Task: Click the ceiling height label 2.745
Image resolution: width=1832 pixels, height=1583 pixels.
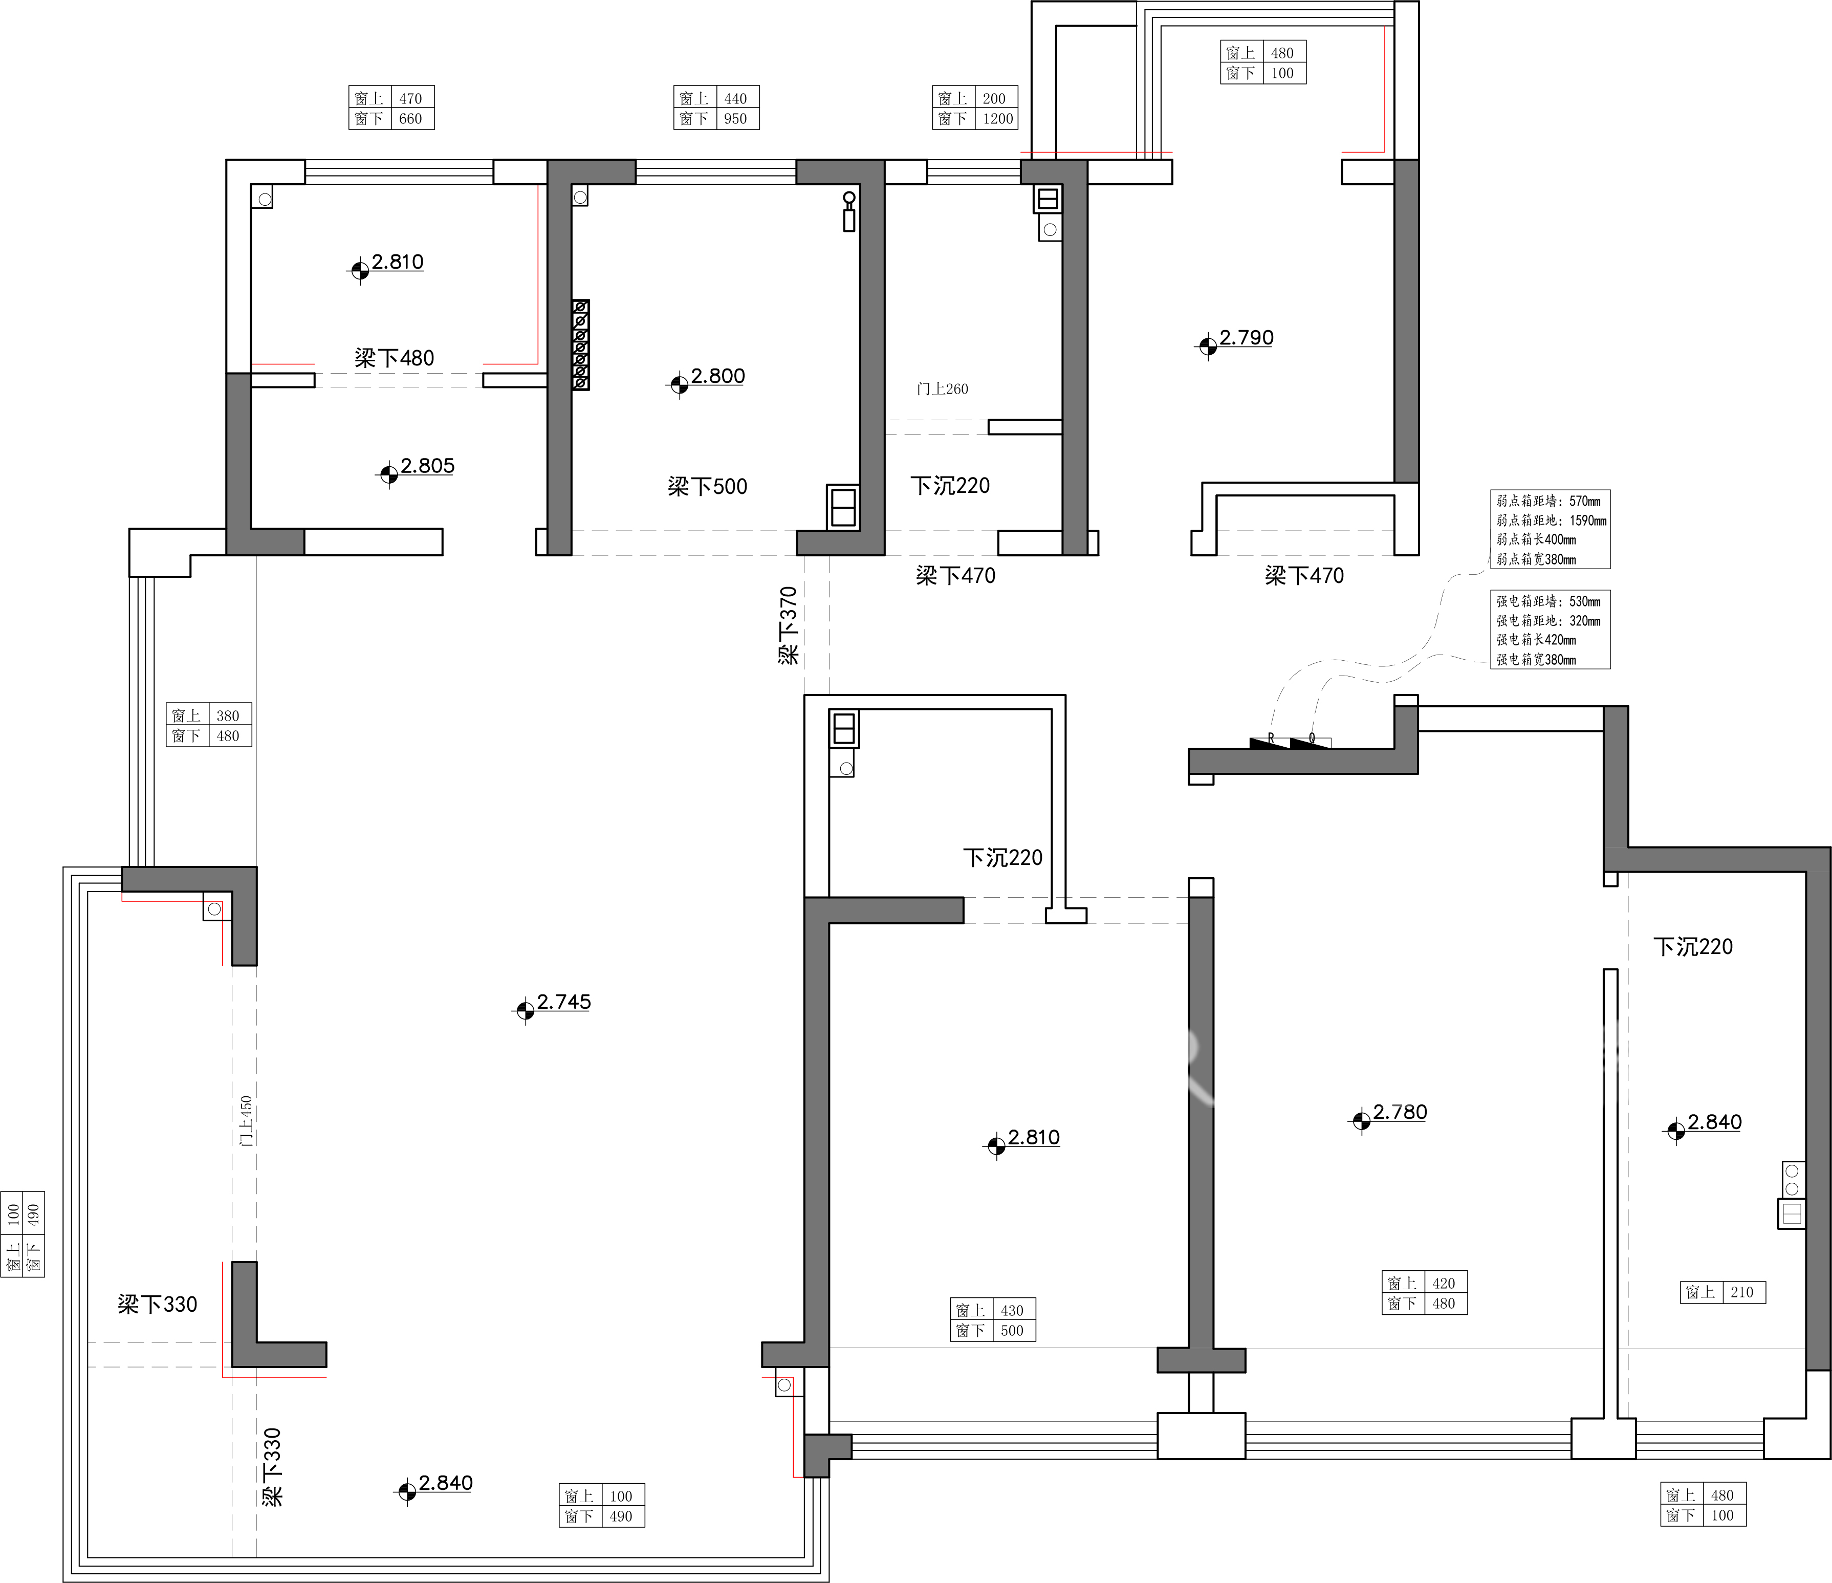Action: tap(563, 1002)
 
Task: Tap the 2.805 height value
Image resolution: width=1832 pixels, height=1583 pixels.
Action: tap(427, 466)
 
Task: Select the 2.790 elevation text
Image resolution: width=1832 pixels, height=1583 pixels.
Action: tap(1247, 338)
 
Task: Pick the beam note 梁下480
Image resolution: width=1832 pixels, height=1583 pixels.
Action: tap(395, 358)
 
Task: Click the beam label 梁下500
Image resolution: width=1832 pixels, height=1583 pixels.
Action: tap(707, 486)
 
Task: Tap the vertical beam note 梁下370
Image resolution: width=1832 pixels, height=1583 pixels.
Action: tap(788, 625)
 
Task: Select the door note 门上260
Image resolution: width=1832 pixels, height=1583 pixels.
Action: tap(943, 389)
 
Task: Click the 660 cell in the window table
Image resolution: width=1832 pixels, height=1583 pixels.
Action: tap(410, 119)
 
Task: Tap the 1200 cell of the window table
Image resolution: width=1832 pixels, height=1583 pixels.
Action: tap(998, 119)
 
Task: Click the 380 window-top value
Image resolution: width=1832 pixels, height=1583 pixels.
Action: tap(228, 715)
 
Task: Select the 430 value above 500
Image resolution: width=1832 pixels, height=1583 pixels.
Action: tap(1012, 1311)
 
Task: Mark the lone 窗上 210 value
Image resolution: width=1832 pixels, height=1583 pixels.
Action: tap(1742, 1292)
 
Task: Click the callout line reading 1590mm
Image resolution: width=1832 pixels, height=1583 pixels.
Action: tap(1552, 521)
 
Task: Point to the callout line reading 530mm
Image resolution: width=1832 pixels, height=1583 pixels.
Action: tap(1548, 601)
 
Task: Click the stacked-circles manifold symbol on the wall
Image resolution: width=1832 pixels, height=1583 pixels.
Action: tap(581, 345)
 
